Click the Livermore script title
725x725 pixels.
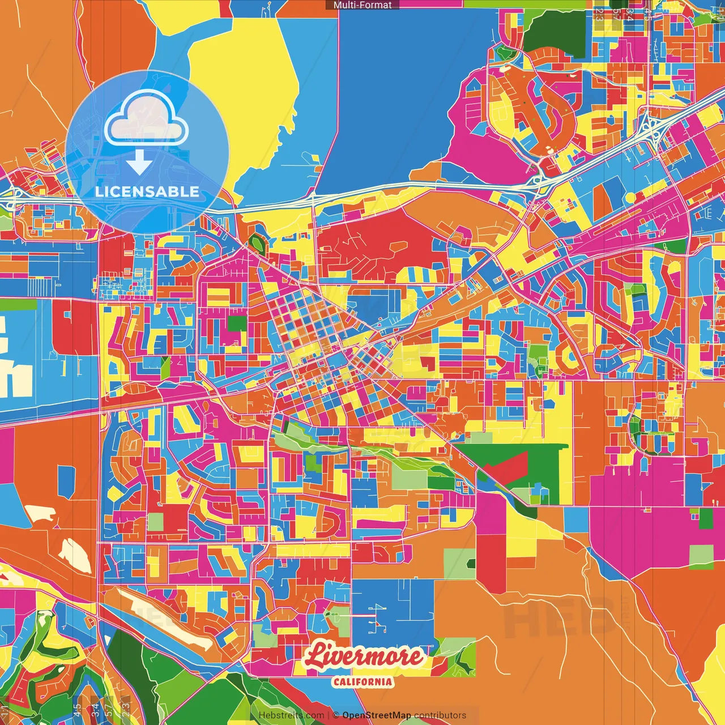point(364,656)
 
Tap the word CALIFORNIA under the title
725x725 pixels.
point(362,681)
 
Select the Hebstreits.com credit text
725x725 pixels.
point(291,715)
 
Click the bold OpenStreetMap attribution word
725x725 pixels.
point(377,715)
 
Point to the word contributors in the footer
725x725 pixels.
point(440,715)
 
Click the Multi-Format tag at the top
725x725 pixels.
point(362,5)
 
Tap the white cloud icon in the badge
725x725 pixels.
point(146,120)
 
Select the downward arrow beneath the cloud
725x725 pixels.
point(139,163)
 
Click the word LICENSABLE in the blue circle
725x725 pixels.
point(147,191)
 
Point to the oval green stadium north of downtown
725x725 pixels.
point(258,243)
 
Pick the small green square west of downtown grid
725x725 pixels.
point(237,323)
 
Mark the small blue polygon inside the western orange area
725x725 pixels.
point(66,481)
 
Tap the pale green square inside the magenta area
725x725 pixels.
point(701,555)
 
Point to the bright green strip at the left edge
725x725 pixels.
point(18,305)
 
